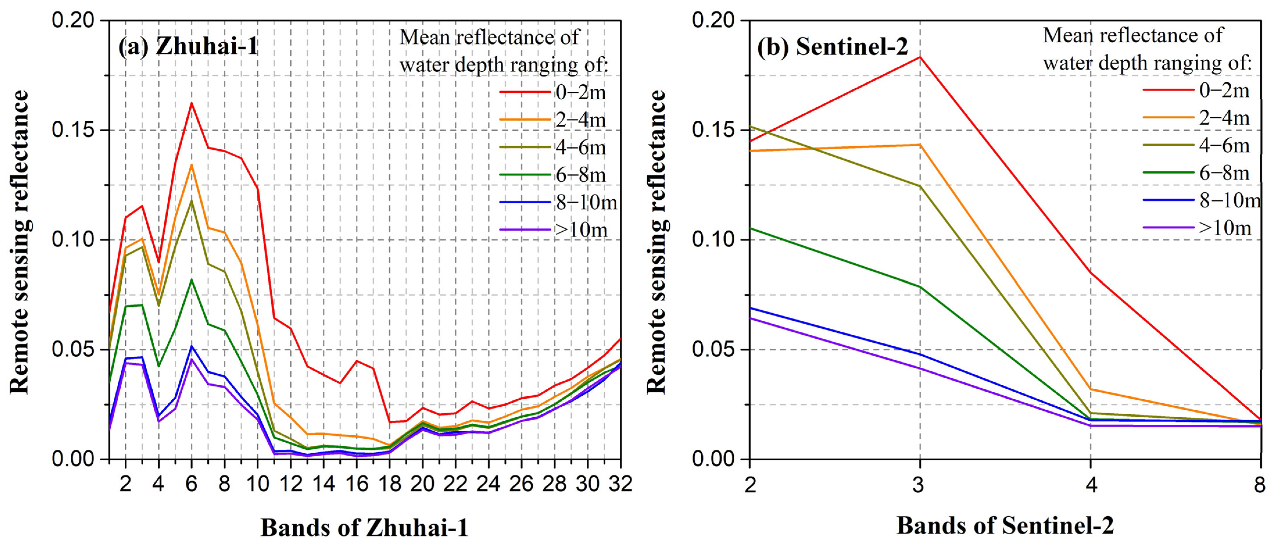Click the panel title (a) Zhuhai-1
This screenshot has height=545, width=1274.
tap(188, 47)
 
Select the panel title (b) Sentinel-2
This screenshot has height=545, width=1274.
tap(832, 47)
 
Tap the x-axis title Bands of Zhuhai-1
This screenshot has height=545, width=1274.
tap(365, 528)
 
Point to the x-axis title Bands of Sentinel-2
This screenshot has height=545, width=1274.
tap(1005, 526)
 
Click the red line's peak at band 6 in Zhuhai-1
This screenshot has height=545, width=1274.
tap(191, 103)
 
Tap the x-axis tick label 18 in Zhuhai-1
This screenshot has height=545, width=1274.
tap(389, 484)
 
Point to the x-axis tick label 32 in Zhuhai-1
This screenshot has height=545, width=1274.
tap(620, 484)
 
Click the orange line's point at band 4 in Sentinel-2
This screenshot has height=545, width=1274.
tap(1091, 388)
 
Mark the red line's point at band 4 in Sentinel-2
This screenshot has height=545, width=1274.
tap(1091, 273)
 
